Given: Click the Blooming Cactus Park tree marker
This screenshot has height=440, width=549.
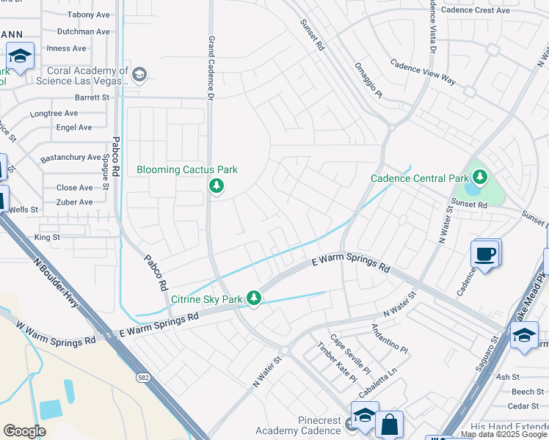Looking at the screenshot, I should click(216, 186).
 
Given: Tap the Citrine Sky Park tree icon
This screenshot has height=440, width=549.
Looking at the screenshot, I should click(254, 298).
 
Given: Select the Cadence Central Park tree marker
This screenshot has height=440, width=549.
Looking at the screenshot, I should click(480, 177).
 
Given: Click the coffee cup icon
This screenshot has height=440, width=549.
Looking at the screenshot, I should click(486, 254).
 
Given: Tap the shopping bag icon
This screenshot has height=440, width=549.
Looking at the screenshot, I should click(389, 424).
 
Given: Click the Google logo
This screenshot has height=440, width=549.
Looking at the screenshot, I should click(24, 431).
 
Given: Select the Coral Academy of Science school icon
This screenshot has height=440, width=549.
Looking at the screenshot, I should click(139, 73).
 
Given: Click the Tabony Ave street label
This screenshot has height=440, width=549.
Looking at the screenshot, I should click(87, 15).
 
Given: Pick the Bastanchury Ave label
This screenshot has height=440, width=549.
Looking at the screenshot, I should click(71, 158).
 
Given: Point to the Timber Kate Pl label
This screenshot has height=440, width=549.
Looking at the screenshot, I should click(336, 362).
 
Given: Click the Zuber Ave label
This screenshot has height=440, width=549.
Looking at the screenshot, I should click(75, 202).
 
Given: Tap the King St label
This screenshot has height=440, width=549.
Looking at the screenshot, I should click(47, 238).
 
